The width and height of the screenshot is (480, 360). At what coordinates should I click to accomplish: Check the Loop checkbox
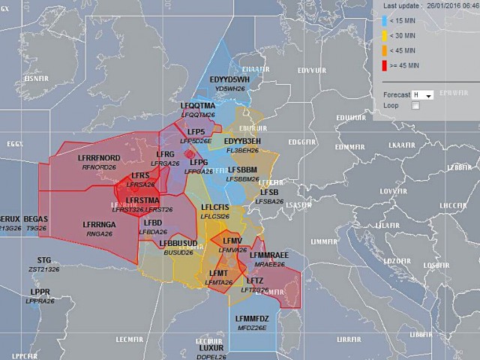click(415, 106)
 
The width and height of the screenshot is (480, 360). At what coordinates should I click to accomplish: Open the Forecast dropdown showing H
click(425, 95)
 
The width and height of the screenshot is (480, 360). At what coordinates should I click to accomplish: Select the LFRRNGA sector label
click(100, 224)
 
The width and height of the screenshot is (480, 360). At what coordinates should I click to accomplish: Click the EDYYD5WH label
click(229, 79)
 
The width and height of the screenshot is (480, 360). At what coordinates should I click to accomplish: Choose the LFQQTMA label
click(198, 106)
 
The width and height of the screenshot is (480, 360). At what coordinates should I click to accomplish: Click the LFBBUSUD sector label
click(178, 244)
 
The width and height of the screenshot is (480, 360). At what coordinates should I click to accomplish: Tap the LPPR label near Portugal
click(40, 292)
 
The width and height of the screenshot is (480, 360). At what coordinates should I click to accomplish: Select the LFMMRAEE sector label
click(268, 256)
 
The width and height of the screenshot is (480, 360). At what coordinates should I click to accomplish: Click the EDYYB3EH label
click(242, 141)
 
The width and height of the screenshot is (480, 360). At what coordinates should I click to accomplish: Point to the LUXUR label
click(211, 349)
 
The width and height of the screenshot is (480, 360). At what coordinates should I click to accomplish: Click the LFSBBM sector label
click(242, 170)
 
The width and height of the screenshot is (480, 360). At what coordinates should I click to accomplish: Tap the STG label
click(44, 259)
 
